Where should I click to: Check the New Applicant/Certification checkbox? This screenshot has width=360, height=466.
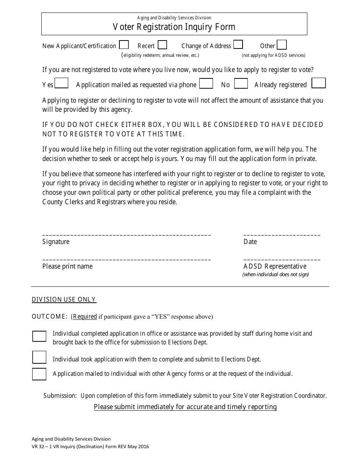pyautogui.click(x=124, y=45)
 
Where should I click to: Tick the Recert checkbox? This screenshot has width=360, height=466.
pyautogui.click(x=162, y=45)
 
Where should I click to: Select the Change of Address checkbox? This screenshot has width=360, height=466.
pyautogui.click(x=238, y=45)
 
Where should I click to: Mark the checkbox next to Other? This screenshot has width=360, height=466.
pyautogui.click(x=282, y=45)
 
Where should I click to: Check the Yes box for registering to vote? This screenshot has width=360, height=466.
pyautogui.click(x=61, y=83)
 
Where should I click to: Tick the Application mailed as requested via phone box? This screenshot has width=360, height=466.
pyautogui.click(x=206, y=83)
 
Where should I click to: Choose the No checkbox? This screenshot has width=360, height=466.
pyautogui.click(x=241, y=83)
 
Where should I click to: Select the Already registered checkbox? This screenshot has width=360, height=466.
pyautogui.click(x=319, y=83)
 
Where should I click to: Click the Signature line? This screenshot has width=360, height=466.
pyautogui.click(x=127, y=235)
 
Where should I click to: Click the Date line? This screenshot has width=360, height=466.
pyautogui.click(x=282, y=235)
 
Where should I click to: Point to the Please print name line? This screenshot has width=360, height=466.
pyautogui.click(x=127, y=259)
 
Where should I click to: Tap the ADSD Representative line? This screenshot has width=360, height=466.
pyautogui.click(x=282, y=259)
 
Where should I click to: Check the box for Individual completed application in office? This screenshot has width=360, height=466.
pyautogui.click(x=39, y=336)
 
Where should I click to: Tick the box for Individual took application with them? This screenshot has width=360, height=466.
pyautogui.click(x=39, y=357)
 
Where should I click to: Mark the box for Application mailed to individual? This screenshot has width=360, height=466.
pyautogui.click(x=39, y=374)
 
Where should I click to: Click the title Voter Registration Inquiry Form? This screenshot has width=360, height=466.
pyautogui.click(x=174, y=27)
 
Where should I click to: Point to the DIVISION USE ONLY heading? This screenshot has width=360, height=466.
pyautogui.click(x=64, y=300)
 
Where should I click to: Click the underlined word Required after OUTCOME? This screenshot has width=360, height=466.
pyautogui.click(x=85, y=317)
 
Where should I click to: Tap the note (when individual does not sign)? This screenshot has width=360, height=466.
pyautogui.click(x=275, y=275)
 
